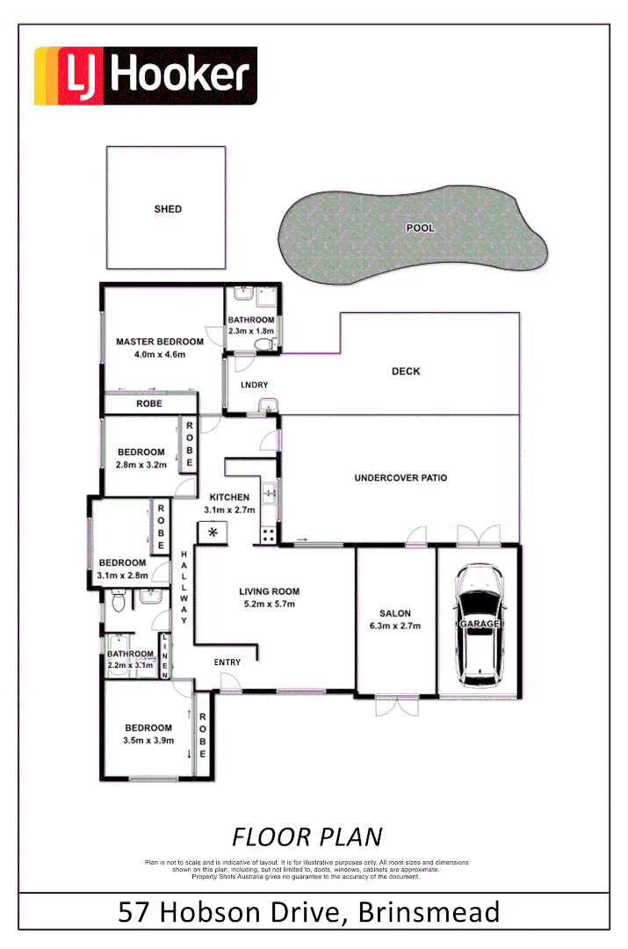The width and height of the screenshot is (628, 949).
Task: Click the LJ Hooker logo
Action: tap(146, 76)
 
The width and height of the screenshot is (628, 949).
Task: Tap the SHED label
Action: tap(168, 209)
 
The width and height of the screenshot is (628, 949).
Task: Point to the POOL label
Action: tap(421, 228)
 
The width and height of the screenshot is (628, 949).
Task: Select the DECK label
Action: tap(406, 372)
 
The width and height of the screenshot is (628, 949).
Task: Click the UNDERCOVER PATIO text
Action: tap(401, 478)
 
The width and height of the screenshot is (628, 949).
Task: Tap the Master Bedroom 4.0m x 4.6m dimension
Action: tap(159, 354)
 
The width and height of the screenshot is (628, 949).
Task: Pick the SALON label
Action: tap(395, 614)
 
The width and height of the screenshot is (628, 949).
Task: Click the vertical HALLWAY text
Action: tap(184, 588)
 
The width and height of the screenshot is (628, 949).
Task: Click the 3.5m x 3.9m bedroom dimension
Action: tap(148, 741)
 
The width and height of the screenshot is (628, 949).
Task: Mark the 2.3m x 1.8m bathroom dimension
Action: tap(251, 331)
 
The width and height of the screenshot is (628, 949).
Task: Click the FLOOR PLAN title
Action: tap(307, 836)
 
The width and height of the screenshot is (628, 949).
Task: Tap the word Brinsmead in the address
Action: tap(430, 911)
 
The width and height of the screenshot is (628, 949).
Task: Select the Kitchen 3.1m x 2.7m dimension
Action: tap(229, 510)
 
